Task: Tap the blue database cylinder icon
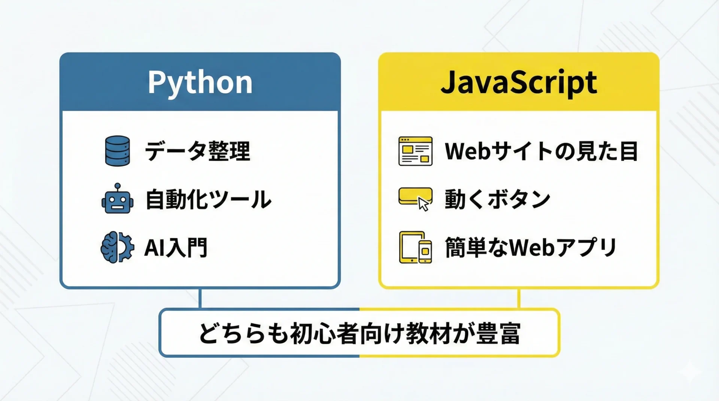[x=118, y=151]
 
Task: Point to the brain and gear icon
[x=117, y=247]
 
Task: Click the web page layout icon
[x=415, y=151]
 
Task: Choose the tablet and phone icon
[x=415, y=247]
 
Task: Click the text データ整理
[x=197, y=151]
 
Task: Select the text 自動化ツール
[x=208, y=199]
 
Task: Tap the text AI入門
[x=176, y=247]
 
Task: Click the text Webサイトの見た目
[x=541, y=151]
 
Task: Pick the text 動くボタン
[x=497, y=199]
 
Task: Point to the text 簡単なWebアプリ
[x=531, y=247]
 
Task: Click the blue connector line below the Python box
[x=200, y=298]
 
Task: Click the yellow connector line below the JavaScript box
[x=519, y=298]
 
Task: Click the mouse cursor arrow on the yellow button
[x=423, y=204]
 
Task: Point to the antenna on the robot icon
[x=118, y=187]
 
